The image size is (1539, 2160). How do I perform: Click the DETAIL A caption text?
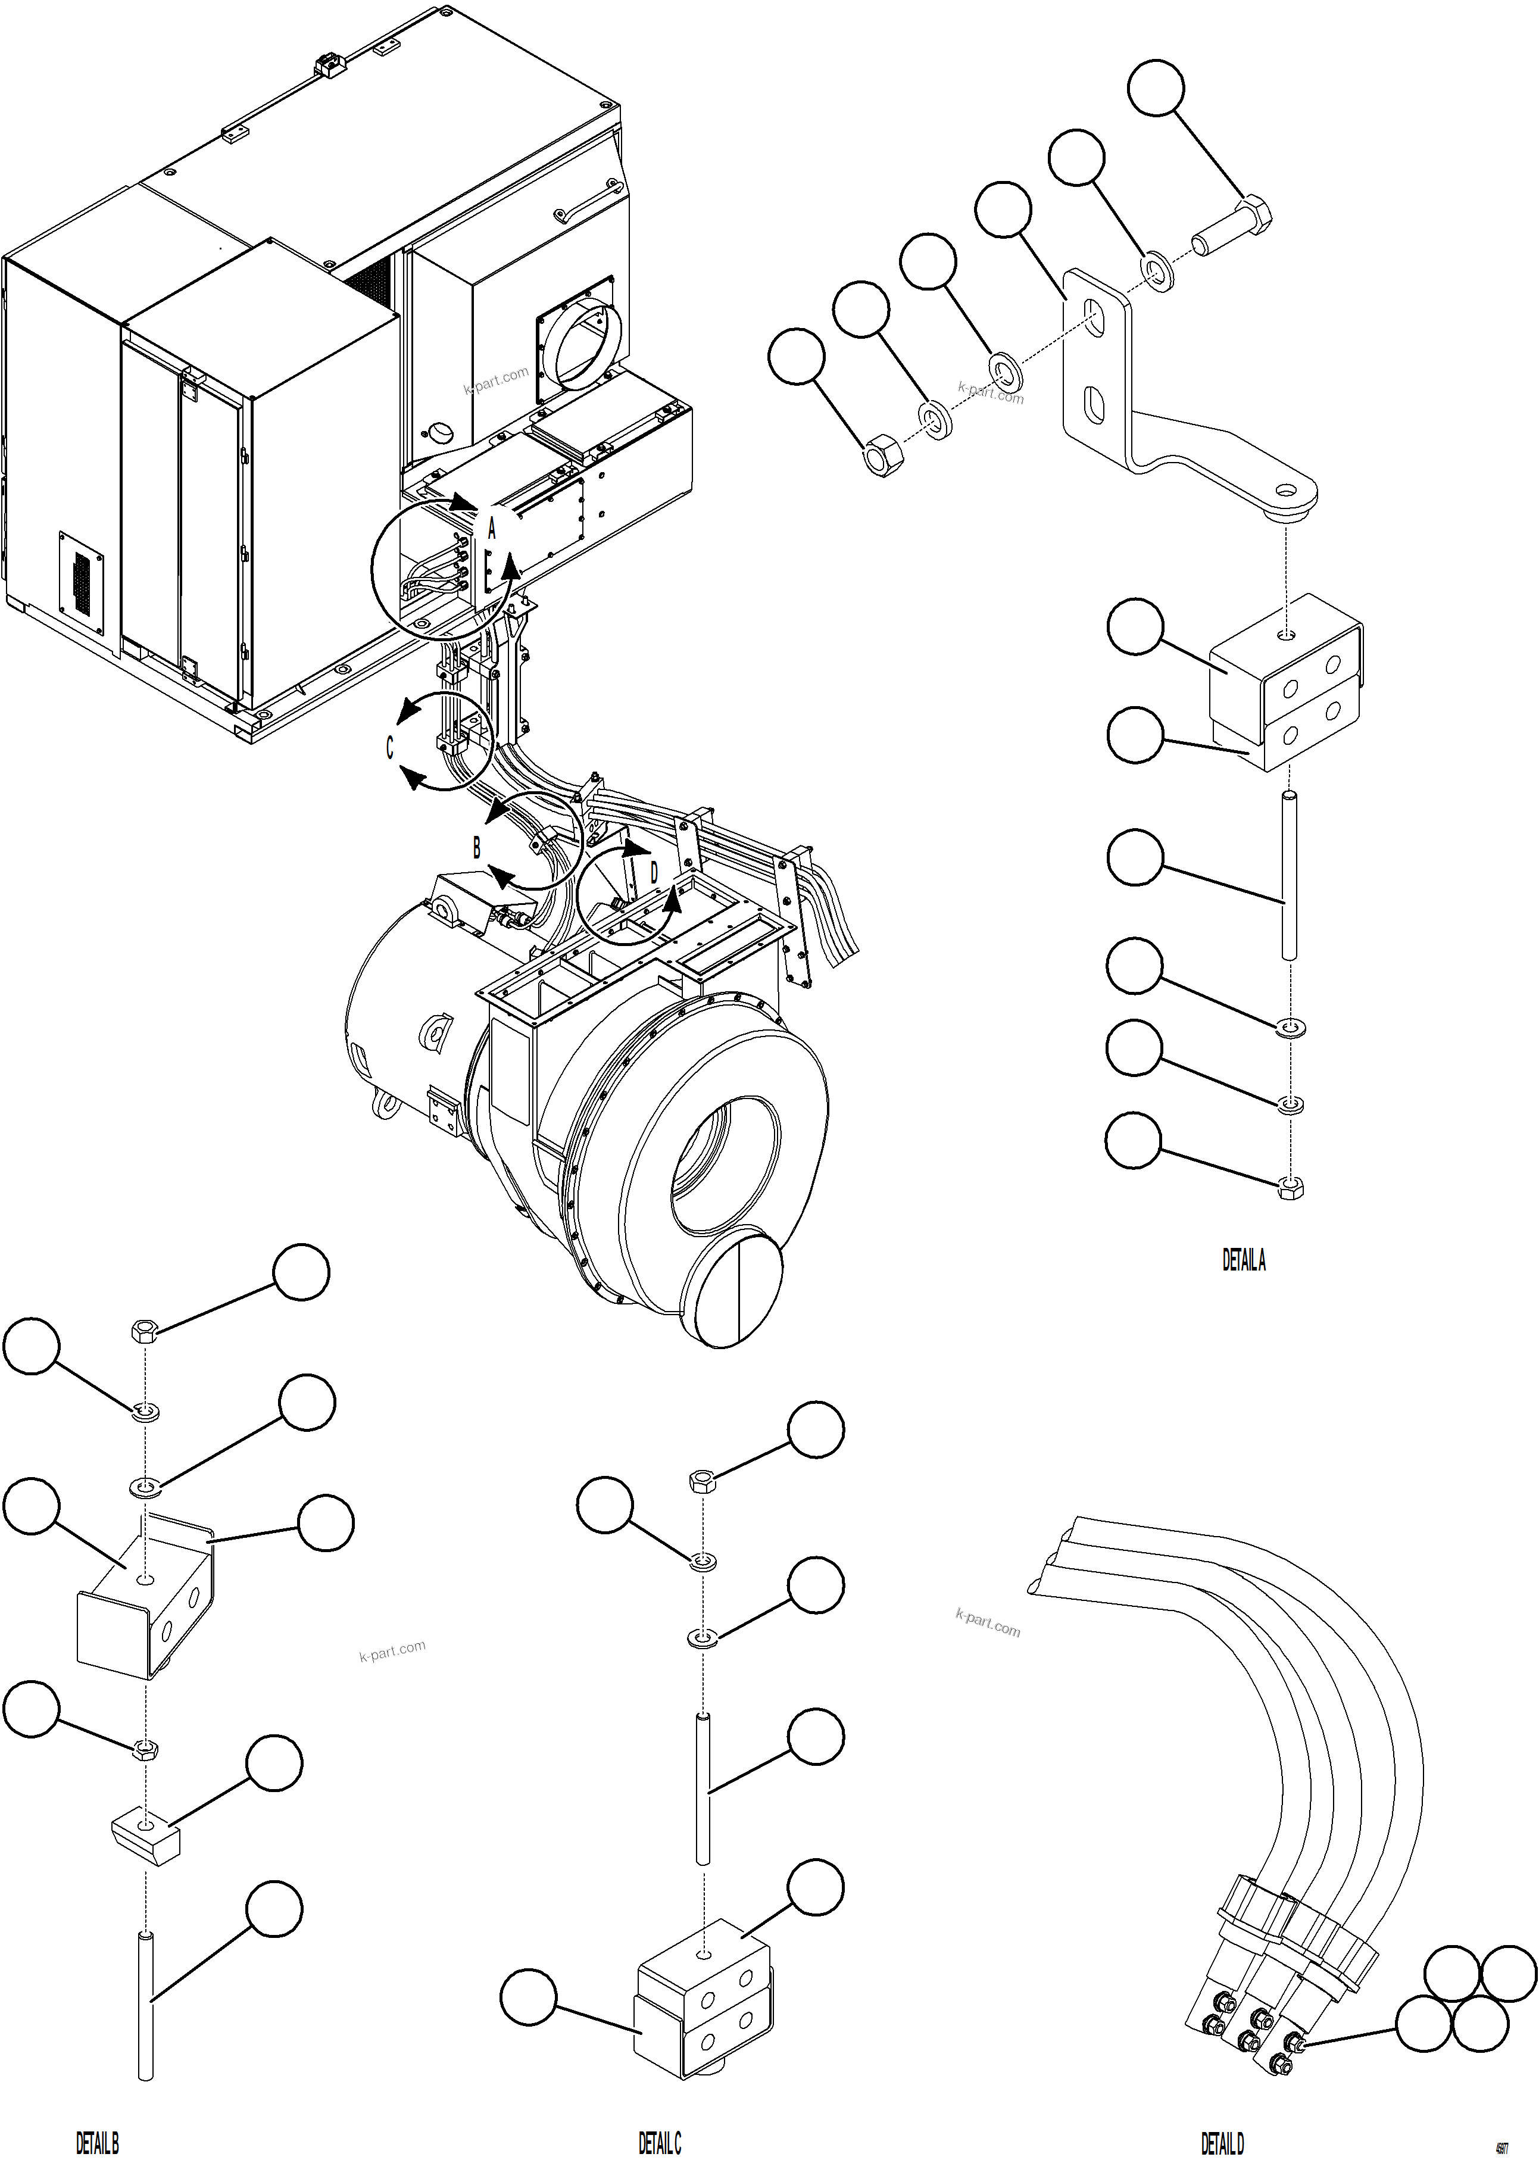[x=1243, y=1260]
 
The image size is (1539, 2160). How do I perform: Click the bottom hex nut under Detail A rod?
[x=1290, y=1188]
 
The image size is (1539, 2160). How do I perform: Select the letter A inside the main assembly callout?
[x=492, y=529]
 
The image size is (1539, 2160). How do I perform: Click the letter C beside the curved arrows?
[x=389, y=748]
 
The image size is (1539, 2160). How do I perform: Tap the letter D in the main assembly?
[x=654, y=872]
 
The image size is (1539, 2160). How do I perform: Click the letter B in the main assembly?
[x=477, y=847]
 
